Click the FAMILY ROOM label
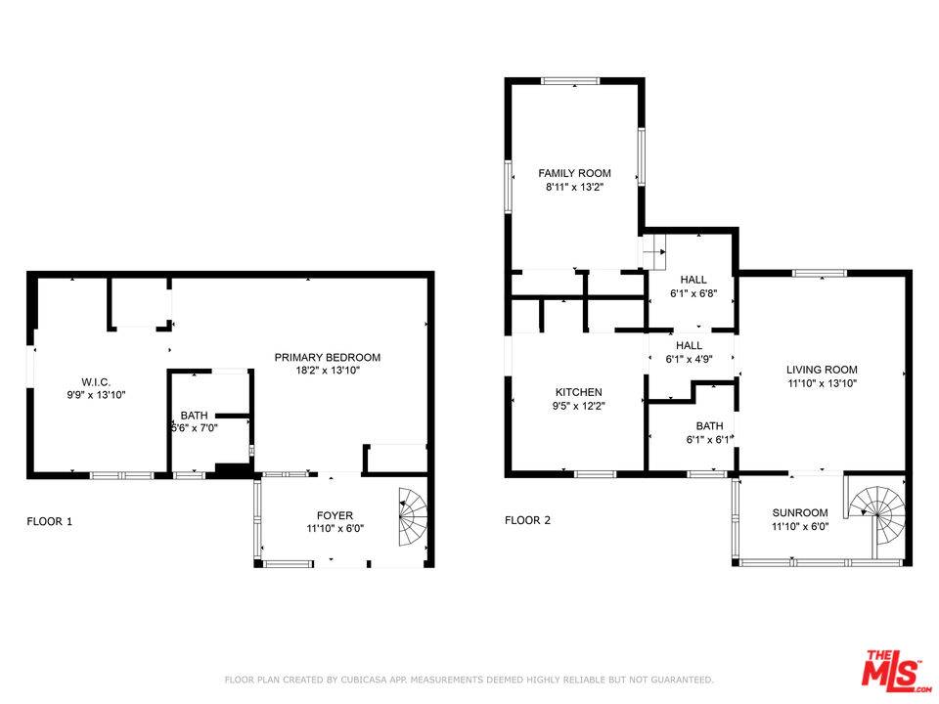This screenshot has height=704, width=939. tap(574, 173)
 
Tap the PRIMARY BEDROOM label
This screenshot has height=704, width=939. tap(327, 358)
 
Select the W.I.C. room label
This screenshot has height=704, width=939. tap(96, 382)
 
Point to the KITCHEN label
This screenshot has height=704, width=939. tap(578, 392)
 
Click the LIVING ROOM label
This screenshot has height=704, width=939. tap(822, 370)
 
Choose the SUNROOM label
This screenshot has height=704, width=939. tap(800, 512)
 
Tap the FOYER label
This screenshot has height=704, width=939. tap(335, 515)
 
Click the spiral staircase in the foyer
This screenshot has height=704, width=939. tap(413, 516)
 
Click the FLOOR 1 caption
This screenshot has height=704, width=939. tap(50, 521)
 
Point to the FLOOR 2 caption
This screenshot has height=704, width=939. tap(527, 520)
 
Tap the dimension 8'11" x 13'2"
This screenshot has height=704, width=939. tap(574, 187)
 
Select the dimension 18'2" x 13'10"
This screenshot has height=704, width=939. tap(328, 371)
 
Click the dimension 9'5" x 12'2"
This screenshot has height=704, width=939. tap(578, 406)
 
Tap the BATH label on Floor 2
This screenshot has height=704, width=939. tap(710, 426)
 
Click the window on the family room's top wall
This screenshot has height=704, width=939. tap(570, 81)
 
